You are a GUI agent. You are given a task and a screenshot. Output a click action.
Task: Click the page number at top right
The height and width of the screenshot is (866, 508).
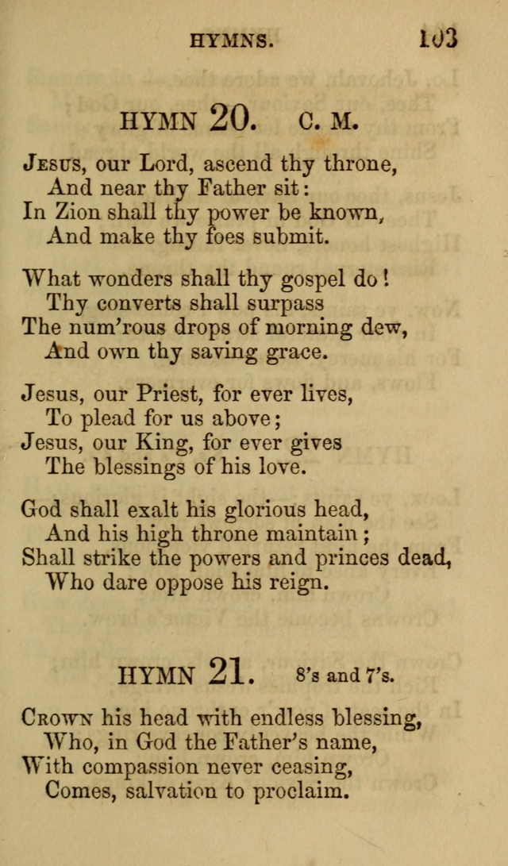(437, 38)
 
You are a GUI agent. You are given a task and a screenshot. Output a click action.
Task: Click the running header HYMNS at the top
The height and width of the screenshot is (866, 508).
(232, 42)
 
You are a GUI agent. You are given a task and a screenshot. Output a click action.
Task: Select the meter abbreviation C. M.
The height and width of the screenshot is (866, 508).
(329, 121)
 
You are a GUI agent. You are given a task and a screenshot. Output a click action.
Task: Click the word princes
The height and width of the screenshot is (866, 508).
(349, 557)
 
